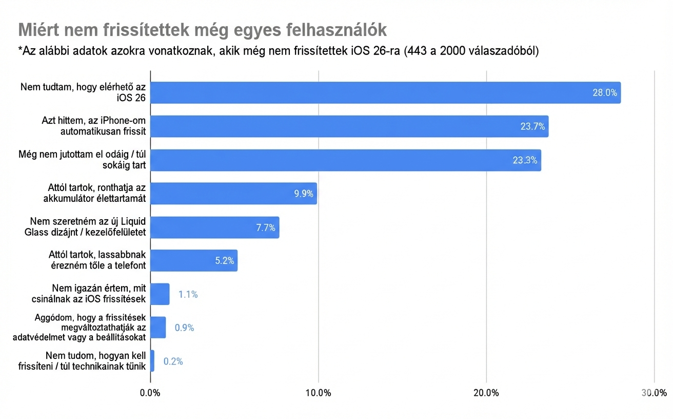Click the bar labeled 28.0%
(385, 93)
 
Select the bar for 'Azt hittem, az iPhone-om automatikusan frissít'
(349, 126)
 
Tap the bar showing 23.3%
(345, 160)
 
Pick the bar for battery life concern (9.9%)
(233, 194)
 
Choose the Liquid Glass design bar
(214, 227)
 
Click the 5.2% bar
(193, 261)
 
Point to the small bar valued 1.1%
(160, 294)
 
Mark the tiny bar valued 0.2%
(152, 361)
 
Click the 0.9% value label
(184, 328)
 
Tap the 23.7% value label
(532, 126)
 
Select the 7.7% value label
(266, 227)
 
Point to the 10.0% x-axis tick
(318, 393)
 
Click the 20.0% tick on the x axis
(486, 393)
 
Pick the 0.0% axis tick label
(150, 393)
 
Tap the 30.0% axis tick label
(654, 393)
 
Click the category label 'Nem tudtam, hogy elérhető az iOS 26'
(83, 92)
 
